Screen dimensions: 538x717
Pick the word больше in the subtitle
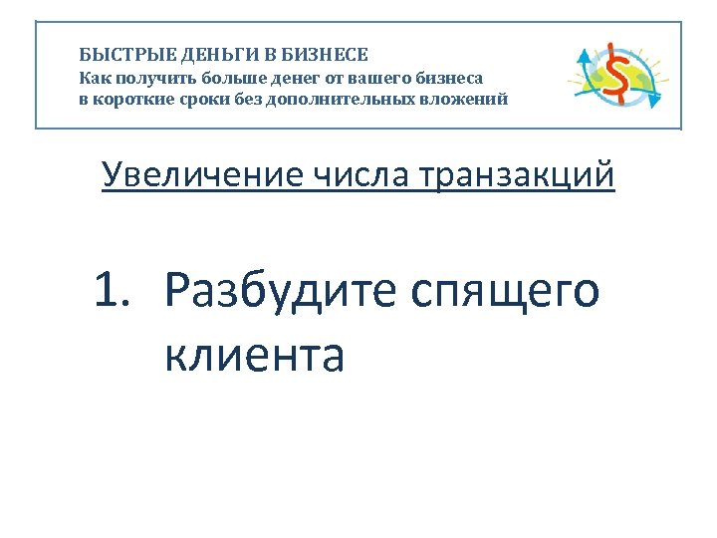(x=227, y=77)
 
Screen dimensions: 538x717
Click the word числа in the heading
(x=361, y=175)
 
